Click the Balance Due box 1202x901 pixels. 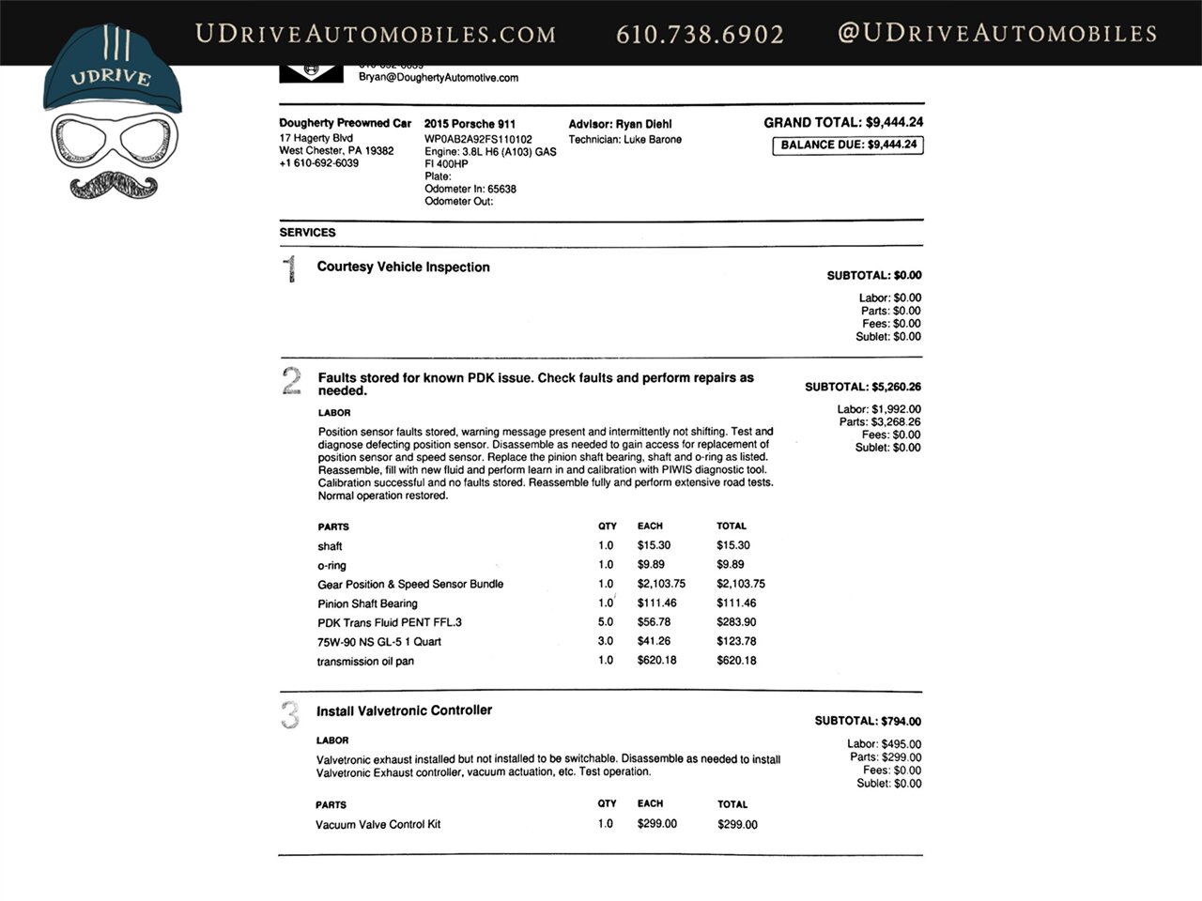(848, 145)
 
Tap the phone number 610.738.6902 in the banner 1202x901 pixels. (700, 35)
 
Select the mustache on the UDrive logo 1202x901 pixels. (113, 184)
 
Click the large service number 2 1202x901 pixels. (291, 381)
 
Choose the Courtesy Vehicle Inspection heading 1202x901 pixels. (403, 267)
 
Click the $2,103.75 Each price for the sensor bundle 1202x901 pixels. (661, 584)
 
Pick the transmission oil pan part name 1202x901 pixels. (365, 662)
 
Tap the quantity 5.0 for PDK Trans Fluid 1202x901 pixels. (606, 622)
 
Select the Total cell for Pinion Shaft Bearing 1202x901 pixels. (736, 603)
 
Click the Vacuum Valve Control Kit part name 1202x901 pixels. (378, 825)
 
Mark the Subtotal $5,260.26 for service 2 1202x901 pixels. (863, 387)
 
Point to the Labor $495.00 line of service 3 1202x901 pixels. (884, 744)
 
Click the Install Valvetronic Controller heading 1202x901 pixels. (404, 711)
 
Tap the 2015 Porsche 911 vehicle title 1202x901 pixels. (470, 124)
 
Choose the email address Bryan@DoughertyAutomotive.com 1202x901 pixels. (439, 78)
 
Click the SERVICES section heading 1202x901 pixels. (307, 233)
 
